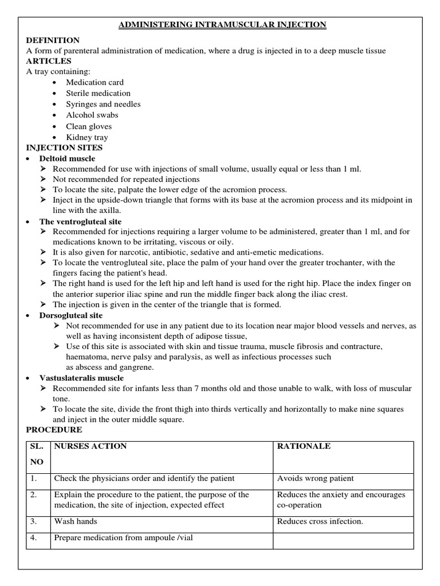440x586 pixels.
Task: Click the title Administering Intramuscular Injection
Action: point(222,25)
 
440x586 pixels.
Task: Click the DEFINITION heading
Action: point(53,40)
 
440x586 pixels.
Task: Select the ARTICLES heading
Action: point(49,61)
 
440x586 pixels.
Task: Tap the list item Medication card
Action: point(95,82)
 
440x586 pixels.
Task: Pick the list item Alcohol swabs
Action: point(93,115)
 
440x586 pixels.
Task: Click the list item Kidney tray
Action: point(87,137)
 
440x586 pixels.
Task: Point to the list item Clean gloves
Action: point(89,126)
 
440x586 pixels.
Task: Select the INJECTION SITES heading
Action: point(65,148)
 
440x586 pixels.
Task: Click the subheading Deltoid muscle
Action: point(67,159)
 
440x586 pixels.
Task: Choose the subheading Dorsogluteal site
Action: point(70,315)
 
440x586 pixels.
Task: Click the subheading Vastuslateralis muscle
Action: point(81,378)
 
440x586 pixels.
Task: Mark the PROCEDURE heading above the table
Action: point(54,430)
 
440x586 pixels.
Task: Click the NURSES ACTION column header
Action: point(91,446)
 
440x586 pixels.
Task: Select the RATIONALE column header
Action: point(304,446)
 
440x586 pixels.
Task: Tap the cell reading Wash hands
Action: point(76,521)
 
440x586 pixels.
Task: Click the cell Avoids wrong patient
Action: point(315,478)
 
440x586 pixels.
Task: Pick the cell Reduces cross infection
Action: point(320,521)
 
